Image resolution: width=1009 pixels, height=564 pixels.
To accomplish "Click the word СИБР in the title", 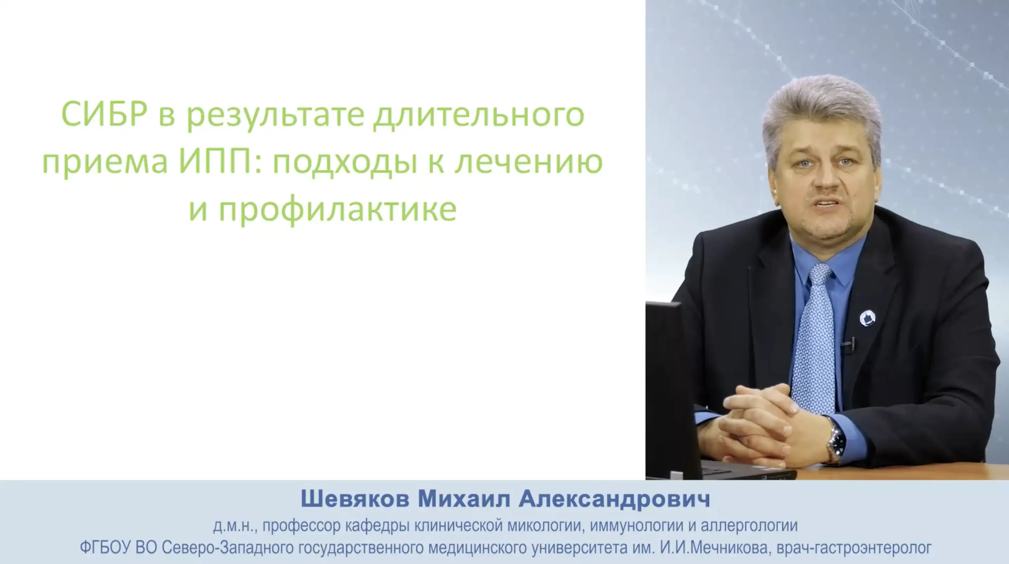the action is (x=104, y=114).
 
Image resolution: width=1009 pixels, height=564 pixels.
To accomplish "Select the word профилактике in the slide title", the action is (x=338, y=210).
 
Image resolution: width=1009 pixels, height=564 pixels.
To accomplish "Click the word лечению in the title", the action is (x=528, y=161).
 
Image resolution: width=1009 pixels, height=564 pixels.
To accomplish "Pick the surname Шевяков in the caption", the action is (x=355, y=499).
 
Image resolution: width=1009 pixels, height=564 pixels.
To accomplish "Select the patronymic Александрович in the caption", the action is (x=615, y=499).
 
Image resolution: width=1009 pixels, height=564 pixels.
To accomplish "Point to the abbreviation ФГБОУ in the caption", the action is (x=105, y=547).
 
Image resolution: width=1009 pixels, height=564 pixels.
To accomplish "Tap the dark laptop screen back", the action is (x=672, y=388).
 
